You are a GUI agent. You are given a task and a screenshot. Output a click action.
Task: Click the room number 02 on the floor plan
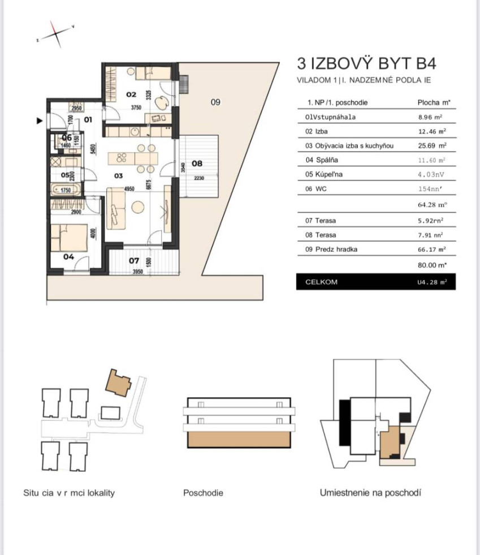[x=131, y=94]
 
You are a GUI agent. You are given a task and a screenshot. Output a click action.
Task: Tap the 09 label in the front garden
[x=214, y=102]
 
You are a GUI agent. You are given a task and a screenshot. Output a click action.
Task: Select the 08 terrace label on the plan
[x=197, y=164]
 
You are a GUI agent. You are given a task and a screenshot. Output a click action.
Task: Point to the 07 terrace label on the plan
[x=133, y=261]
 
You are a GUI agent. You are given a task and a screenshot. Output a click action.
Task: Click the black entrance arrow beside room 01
[x=40, y=120]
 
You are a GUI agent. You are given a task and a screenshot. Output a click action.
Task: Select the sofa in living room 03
[x=117, y=209]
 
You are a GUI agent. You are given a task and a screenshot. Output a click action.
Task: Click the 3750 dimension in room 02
[x=136, y=106]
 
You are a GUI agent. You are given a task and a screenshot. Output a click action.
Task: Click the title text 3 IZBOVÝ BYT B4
[x=367, y=63]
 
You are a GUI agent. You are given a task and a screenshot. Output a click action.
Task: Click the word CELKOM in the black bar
[x=321, y=282]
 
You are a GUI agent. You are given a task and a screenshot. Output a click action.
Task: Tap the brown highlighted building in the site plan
[x=119, y=383]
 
